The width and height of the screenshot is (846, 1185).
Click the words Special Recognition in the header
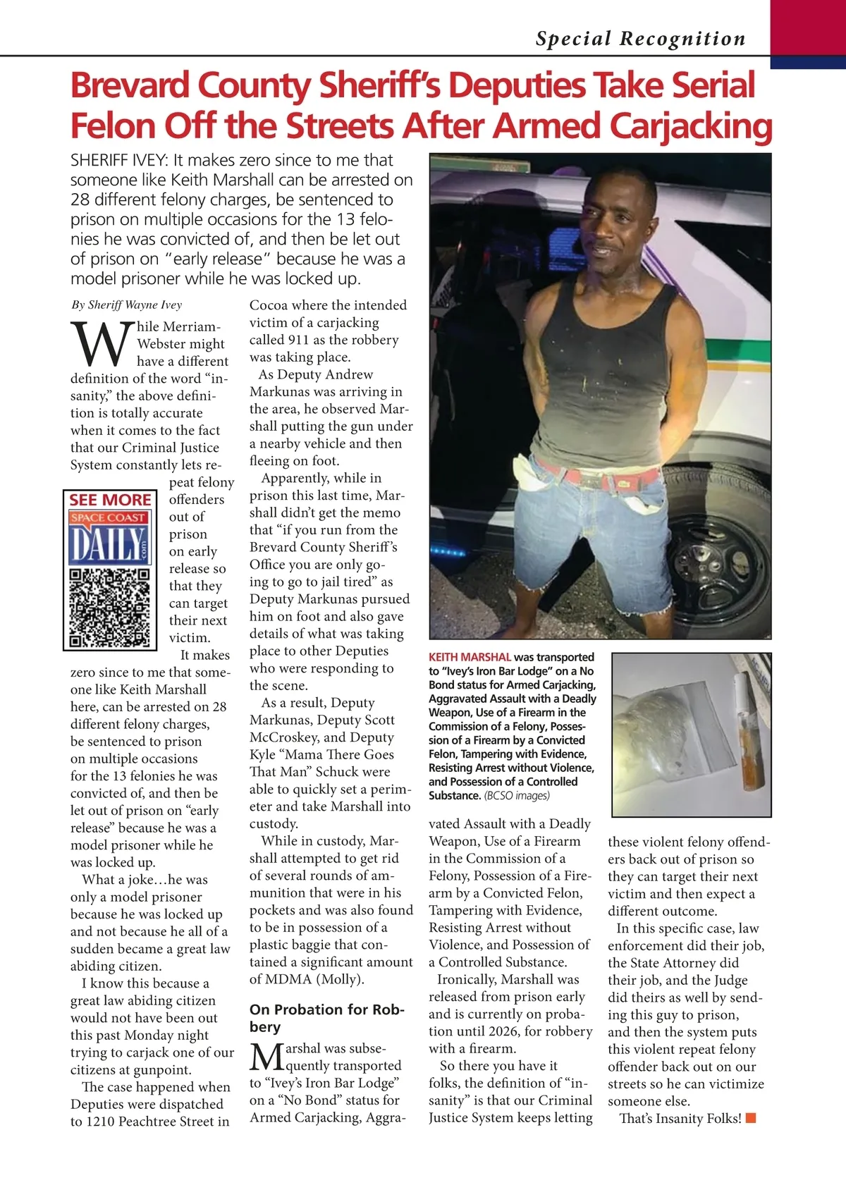640,39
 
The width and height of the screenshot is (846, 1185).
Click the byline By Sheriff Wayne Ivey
126,305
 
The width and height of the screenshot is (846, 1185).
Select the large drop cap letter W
102,346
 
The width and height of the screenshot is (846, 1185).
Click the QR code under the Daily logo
109,607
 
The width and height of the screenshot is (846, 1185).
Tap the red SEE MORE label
110,500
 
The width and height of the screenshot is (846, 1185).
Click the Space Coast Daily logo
109,537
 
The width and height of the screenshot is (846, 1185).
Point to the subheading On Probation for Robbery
326,1018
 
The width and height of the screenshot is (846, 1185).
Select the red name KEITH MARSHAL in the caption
470,657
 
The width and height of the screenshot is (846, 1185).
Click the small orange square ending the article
751,1118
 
